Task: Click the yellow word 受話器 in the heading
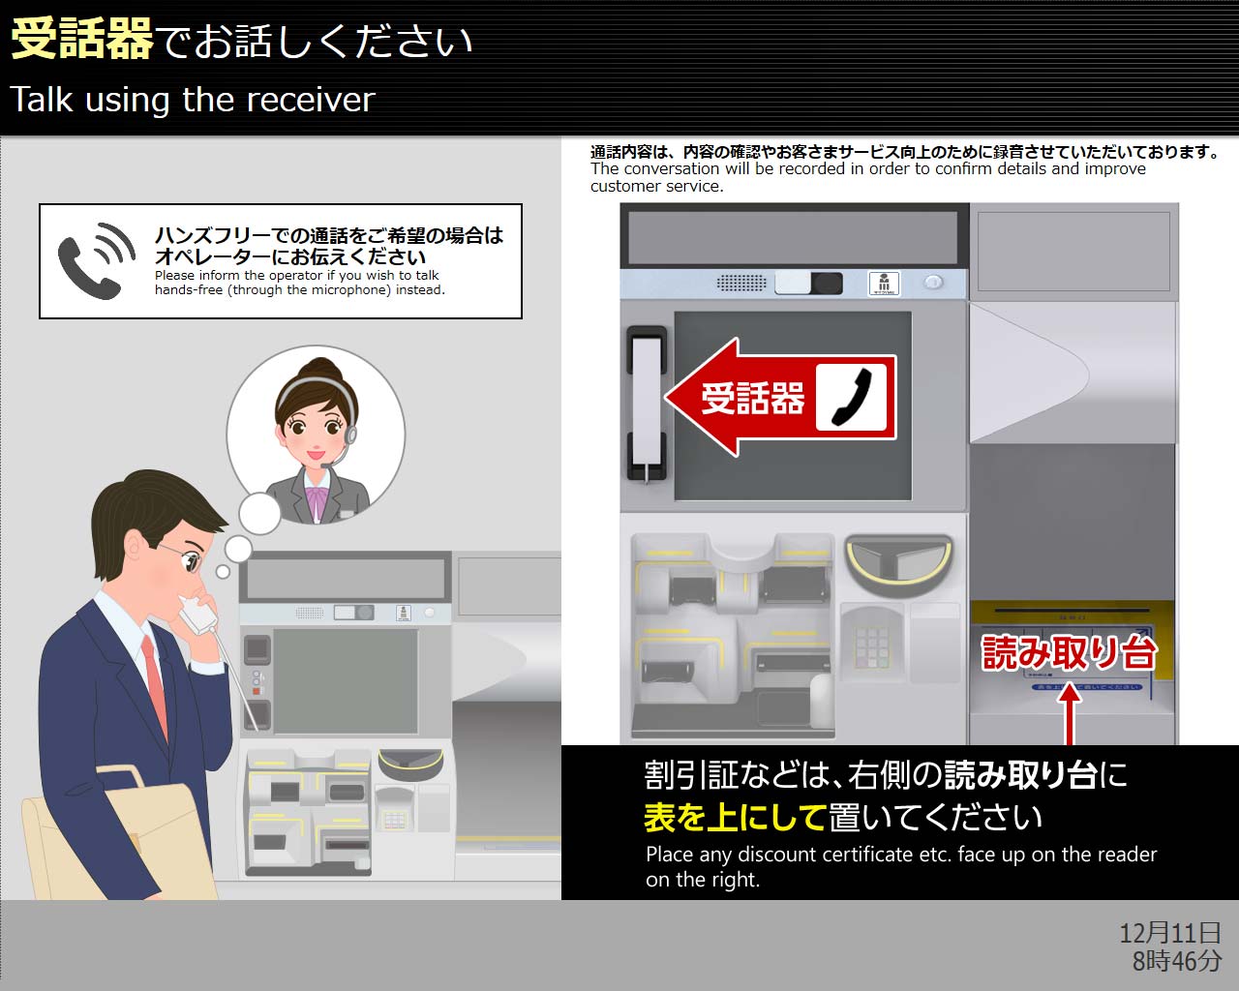pyautogui.click(x=81, y=38)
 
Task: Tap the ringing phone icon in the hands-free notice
pyautogui.click(x=97, y=260)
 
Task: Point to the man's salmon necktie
pyautogui.click(x=156, y=685)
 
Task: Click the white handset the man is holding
pyautogui.click(x=198, y=614)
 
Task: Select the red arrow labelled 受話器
pyautogui.click(x=781, y=398)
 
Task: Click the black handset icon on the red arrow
pyautogui.click(x=852, y=398)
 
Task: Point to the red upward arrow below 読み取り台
pyautogui.click(x=1070, y=714)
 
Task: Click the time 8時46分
pyautogui.click(x=1177, y=960)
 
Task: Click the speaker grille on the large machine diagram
pyautogui.click(x=741, y=283)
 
